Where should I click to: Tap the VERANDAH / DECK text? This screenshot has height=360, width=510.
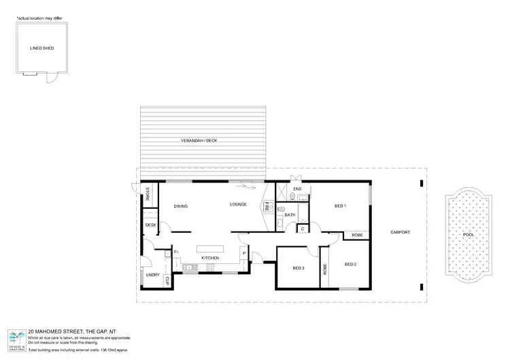203,142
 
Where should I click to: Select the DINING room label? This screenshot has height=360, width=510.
180,206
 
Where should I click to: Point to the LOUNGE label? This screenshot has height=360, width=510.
237,204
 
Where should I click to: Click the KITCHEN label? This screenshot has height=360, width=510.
209,259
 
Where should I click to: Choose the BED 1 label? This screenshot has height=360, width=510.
341,206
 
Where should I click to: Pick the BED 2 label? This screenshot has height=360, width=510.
350,264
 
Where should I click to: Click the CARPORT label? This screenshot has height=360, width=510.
399,232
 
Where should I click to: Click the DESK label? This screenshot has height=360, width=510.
150,225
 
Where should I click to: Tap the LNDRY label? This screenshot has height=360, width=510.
152,274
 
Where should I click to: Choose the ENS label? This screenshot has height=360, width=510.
297,189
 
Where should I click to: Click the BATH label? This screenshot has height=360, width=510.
290,215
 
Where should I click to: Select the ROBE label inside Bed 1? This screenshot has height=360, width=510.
356,235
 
